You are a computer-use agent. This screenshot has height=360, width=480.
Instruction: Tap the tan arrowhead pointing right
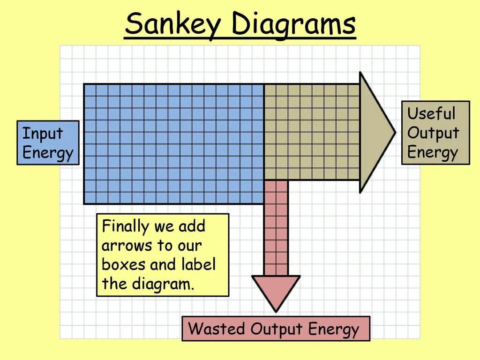375,132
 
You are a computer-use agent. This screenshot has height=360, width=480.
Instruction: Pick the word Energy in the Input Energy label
48,153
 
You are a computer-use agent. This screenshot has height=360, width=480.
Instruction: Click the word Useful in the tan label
431,113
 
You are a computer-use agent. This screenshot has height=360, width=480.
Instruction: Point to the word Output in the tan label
433,133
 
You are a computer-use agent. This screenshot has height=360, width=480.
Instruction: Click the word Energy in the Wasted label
333,330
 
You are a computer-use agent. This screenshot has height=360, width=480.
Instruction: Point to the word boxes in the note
123,264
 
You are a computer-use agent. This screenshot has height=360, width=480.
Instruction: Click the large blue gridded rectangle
173,144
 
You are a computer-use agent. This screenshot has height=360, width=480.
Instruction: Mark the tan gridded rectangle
312,132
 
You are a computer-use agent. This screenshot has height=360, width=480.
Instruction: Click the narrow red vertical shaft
276,228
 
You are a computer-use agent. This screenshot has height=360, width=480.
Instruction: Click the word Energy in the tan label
432,152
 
